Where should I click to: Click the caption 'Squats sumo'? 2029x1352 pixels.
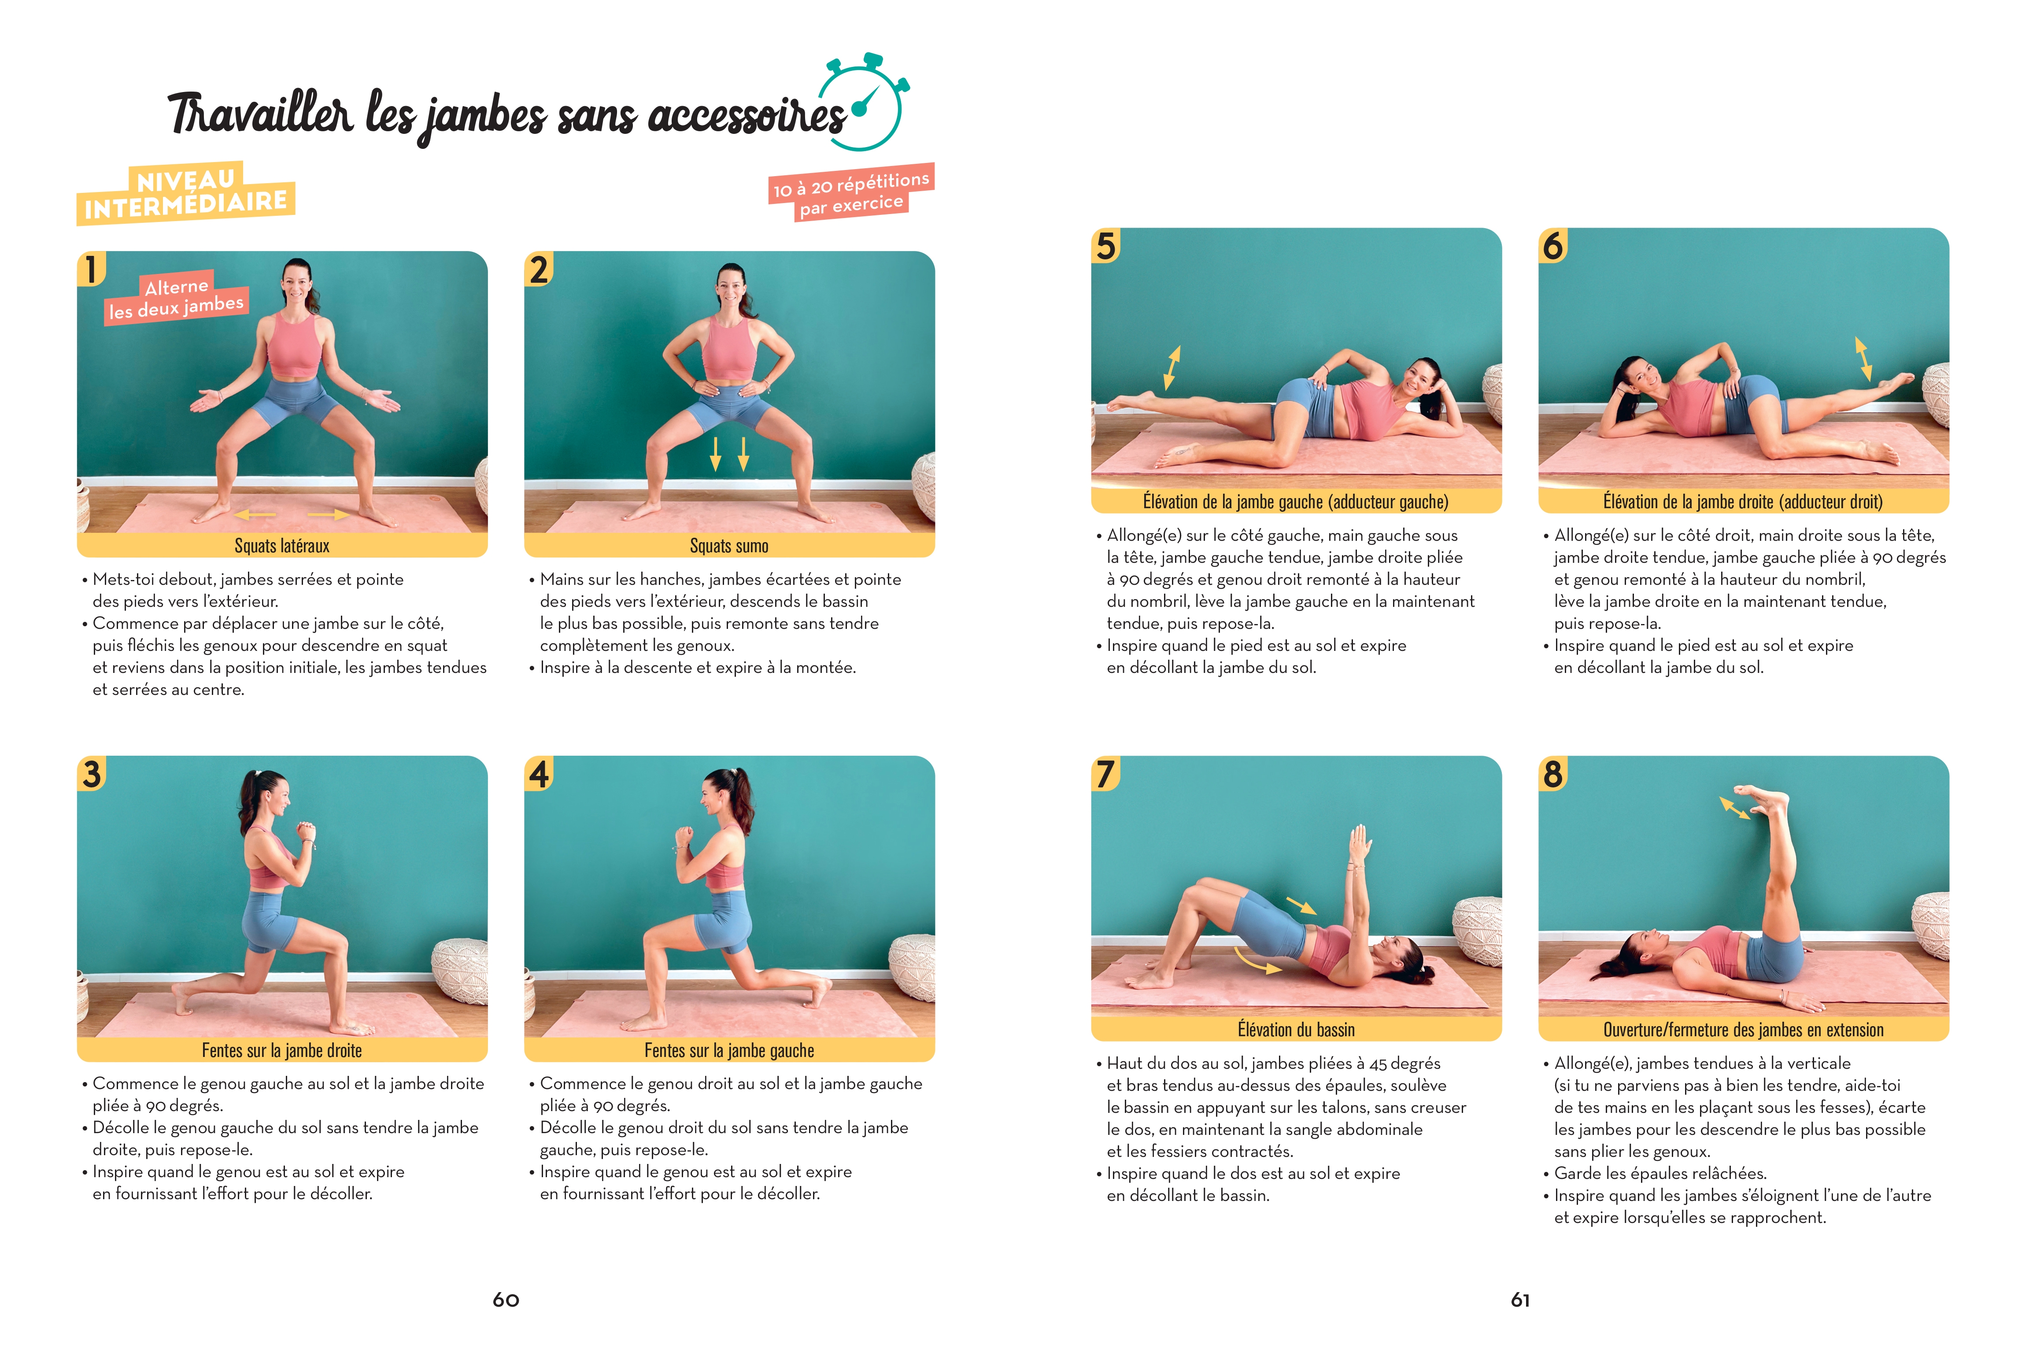pyautogui.click(x=728, y=546)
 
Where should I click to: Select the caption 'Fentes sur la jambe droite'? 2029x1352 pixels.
pyautogui.click(x=282, y=1050)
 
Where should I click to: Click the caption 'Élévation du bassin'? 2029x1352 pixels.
pyautogui.click(x=1296, y=1030)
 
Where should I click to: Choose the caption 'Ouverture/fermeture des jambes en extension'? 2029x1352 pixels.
pyautogui.click(x=1743, y=1030)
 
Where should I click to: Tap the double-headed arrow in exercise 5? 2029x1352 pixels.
pyautogui.click(x=1171, y=368)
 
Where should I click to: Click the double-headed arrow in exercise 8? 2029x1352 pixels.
pyautogui.click(x=1734, y=808)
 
